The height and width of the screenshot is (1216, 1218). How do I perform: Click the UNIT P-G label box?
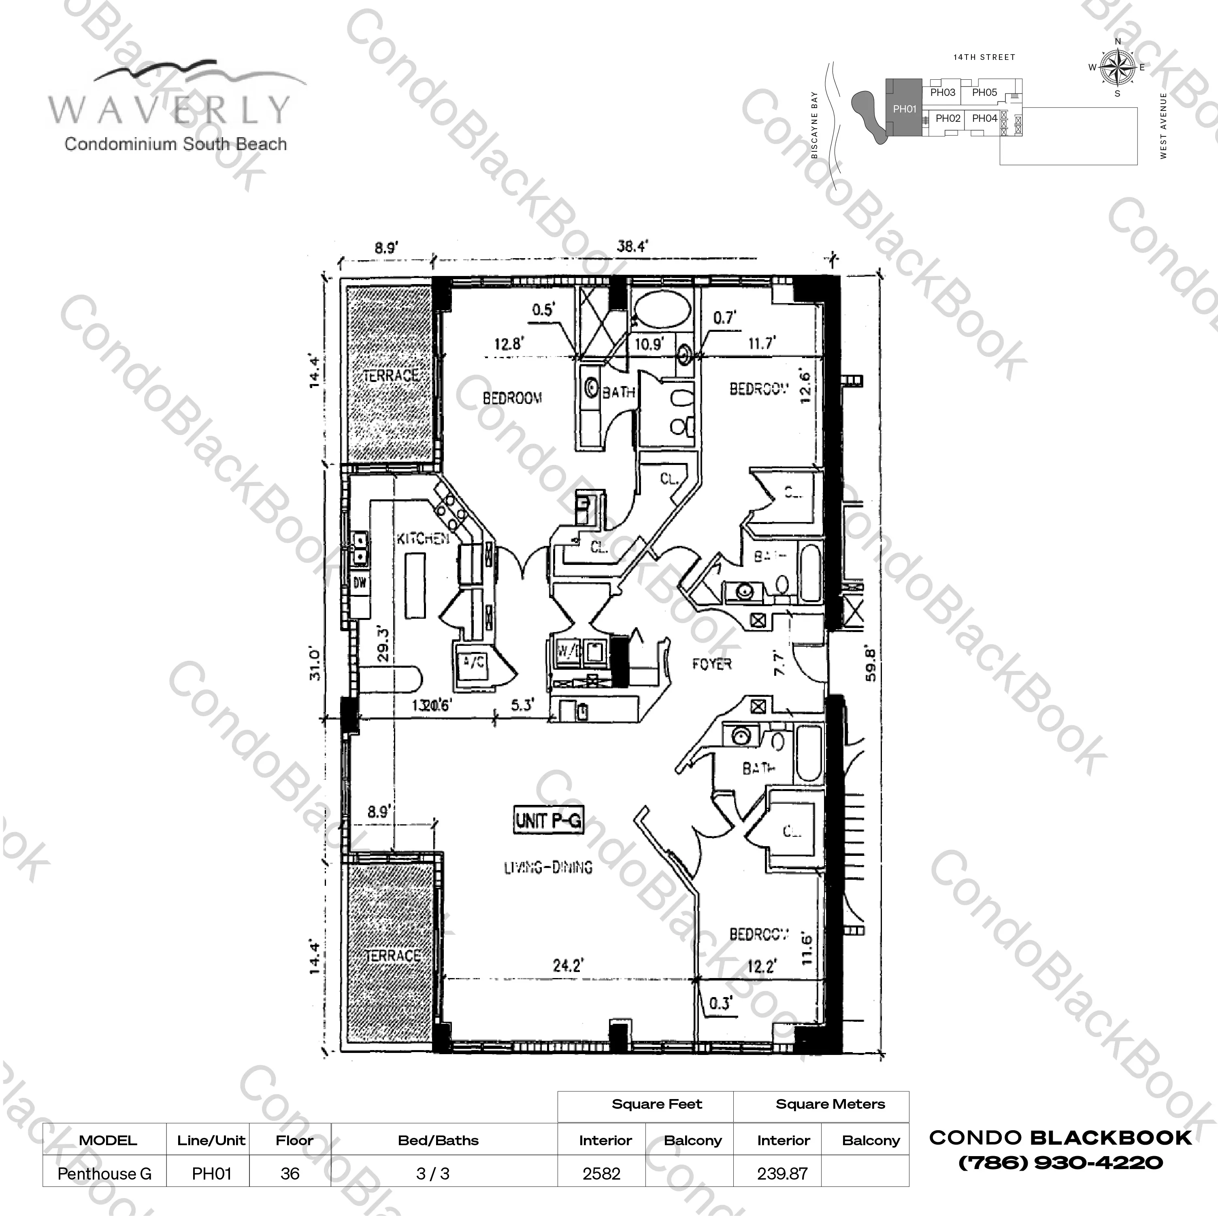548,820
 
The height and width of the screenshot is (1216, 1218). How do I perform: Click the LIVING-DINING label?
548,868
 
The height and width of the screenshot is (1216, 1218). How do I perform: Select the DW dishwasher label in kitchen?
359,583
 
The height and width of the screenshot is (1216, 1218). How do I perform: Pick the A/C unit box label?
473,662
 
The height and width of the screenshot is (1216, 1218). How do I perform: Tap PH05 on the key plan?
984,93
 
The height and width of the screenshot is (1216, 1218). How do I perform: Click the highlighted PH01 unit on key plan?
904,109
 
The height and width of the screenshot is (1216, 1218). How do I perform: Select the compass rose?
1118,68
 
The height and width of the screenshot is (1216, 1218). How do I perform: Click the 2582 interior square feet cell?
601,1174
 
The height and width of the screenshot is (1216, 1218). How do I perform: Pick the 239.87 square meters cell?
782,1174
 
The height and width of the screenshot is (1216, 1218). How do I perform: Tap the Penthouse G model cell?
104,1174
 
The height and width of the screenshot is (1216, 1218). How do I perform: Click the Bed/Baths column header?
438,1140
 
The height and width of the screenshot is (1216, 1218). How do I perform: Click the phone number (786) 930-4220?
1060,1163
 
